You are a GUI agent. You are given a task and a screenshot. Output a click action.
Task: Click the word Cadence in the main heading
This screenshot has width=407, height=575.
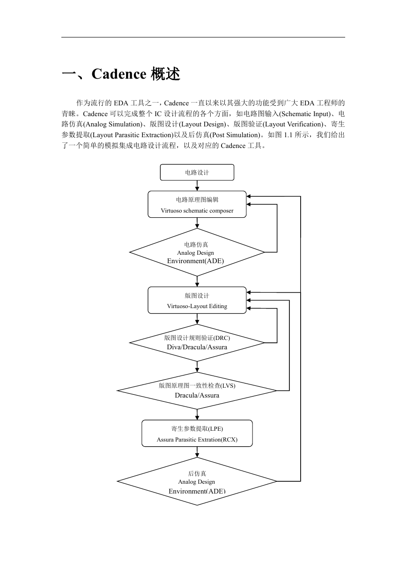point(119,74)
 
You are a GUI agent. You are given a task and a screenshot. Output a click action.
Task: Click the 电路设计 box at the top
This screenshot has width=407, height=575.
point(197,172)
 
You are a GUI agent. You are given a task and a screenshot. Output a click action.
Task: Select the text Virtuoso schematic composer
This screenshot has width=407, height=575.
point(197,211)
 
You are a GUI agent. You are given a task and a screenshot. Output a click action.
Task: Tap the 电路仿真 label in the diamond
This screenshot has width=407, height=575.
point(196,244)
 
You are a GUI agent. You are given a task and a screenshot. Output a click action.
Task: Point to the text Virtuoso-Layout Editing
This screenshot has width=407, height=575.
point(197,306)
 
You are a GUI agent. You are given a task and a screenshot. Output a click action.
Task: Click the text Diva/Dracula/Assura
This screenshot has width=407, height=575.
point(197,347)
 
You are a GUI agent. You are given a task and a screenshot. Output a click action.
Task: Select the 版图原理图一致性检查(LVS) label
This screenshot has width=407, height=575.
point(197,385)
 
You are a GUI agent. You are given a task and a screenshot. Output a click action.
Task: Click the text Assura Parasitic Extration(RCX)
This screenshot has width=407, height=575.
point(197,440)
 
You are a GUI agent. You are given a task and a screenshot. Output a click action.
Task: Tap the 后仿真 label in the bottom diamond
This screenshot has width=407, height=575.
point(197,473)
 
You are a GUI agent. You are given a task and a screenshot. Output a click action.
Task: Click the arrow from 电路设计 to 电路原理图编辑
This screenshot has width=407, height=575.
point(197,185)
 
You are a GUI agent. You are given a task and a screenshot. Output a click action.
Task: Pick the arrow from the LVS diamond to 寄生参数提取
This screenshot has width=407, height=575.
point(197,414)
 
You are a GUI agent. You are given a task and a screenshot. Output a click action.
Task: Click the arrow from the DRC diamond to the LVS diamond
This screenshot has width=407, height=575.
point(197,367)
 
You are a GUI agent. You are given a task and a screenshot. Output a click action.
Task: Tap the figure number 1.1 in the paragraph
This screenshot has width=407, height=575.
point(288,135)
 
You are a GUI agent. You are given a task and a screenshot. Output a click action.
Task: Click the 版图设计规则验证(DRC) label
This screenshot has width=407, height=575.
point(197,338)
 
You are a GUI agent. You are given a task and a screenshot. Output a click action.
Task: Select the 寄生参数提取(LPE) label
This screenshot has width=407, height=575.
point(197,429)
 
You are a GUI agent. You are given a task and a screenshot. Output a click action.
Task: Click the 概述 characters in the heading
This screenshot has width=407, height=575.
point(165,74)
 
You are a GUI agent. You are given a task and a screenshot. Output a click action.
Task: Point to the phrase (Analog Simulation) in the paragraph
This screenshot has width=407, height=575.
point(113,124)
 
